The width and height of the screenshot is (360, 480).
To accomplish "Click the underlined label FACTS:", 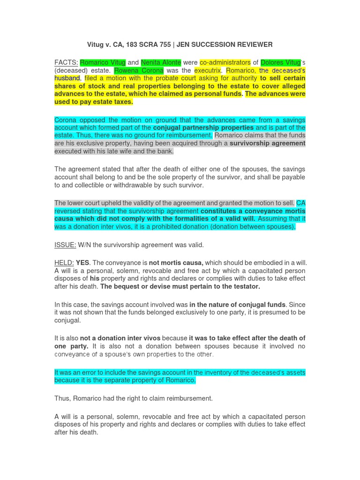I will tap(66, 62).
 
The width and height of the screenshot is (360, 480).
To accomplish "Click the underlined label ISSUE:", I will tap(65, 245).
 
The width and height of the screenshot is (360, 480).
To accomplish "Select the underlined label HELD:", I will tap(64, 263).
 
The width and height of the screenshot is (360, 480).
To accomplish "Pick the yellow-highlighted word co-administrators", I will tap(225, 62).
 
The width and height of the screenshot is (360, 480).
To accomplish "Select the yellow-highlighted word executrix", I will tap(208, 70).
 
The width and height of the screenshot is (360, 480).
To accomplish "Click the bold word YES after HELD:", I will tap(82, 263).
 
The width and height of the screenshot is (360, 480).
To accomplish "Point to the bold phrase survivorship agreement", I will tap(267, 143).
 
